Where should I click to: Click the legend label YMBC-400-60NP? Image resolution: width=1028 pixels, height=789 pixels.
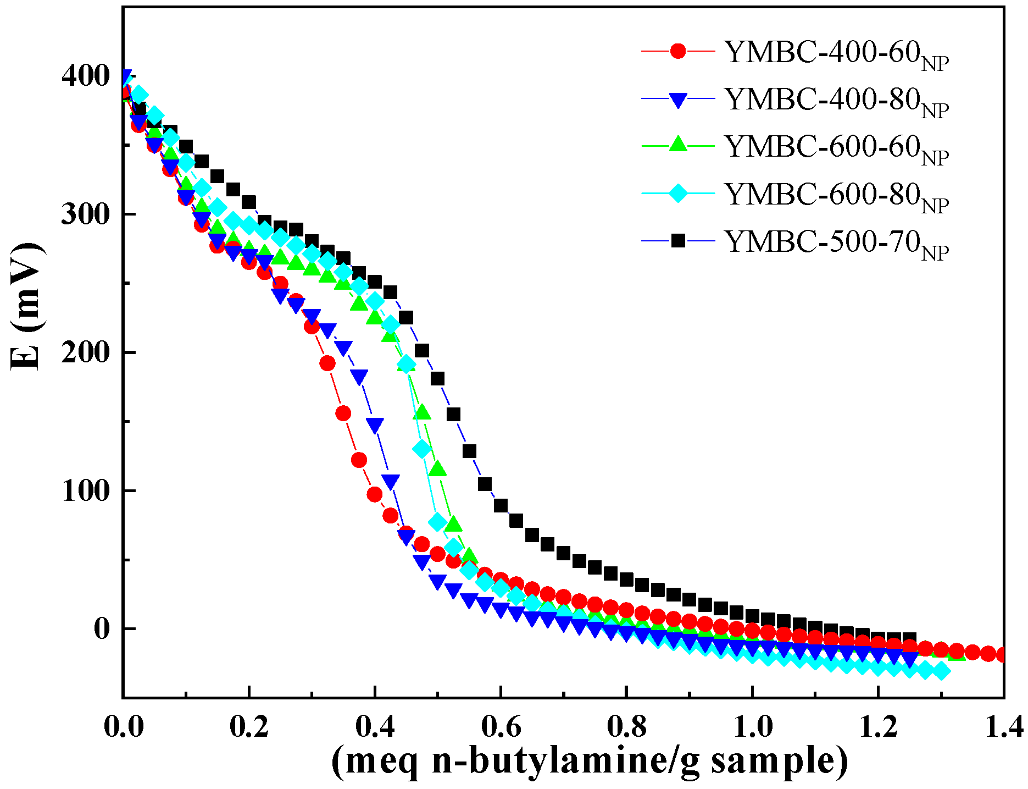point(836,53)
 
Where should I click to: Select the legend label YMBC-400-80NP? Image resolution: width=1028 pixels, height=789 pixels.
point(836,101)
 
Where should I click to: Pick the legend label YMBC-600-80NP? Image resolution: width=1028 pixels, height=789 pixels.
point(836,196)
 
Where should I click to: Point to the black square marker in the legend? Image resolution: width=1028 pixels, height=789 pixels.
point(679,240)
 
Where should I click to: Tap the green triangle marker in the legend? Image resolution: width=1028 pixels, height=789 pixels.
point(679,145)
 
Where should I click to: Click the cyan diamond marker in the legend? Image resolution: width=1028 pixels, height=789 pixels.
point(679,193)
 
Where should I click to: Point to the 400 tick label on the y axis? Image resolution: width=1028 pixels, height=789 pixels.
point(86,76)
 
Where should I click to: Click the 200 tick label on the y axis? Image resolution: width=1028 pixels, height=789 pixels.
point(86,352)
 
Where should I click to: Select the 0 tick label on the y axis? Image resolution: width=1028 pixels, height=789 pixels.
point(102,628)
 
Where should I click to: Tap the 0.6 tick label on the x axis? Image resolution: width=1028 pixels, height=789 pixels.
point(501,727)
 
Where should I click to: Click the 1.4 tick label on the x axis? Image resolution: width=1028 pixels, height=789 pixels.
point(1003,727)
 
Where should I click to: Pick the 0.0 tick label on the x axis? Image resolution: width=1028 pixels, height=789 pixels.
point(124,727)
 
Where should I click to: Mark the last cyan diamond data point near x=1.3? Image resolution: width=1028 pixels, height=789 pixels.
point(941,671)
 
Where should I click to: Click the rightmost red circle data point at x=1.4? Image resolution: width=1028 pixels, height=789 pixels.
point(1002,655)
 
